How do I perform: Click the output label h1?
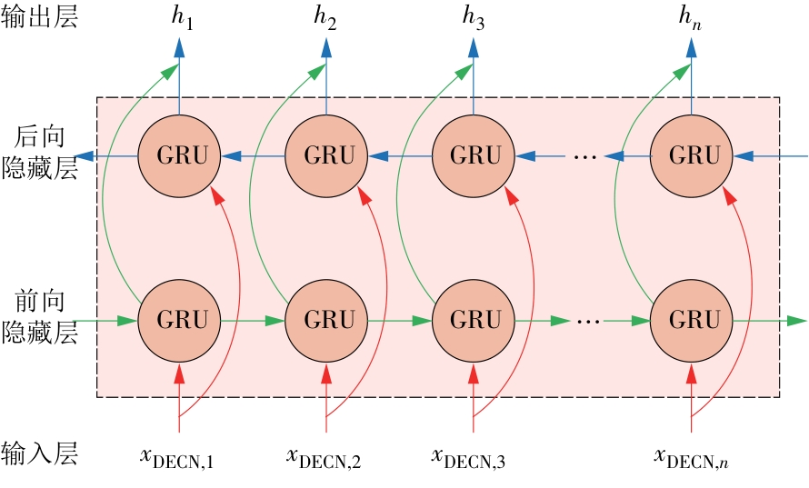(x=184, y=18)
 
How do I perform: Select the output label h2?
(x=326, y=18)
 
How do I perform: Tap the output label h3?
(x=474, y=18)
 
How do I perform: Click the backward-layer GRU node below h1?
(x=179, y=155)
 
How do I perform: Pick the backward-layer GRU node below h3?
(x=474, y=155)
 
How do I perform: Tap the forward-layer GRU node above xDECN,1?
(x=179, y=321)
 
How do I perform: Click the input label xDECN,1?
(x=177, y=457)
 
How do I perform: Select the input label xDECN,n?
(x=692, y=457)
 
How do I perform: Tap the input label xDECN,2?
(x=324, y=457)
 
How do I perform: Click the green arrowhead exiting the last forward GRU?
(x=796, y=321)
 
